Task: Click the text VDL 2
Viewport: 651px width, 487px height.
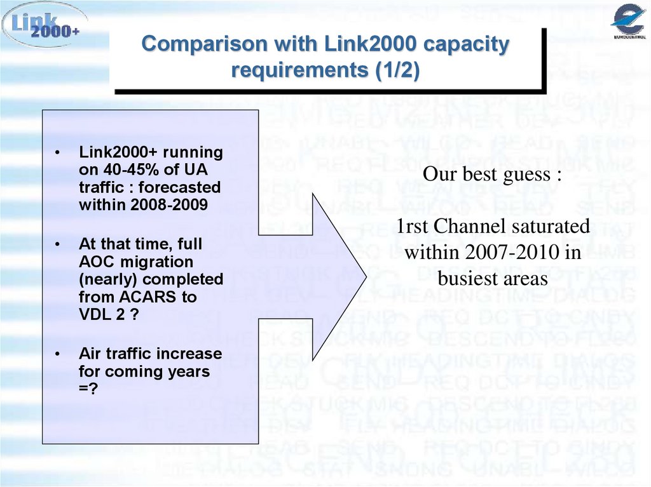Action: click(104, 314)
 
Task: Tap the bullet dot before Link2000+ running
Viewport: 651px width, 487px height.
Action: click(58, 153)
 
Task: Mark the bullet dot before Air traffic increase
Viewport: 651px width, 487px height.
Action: click(58, 354)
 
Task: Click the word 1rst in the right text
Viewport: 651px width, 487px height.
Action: click(415, 226)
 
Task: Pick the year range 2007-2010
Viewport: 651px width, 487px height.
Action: click(505, 252)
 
